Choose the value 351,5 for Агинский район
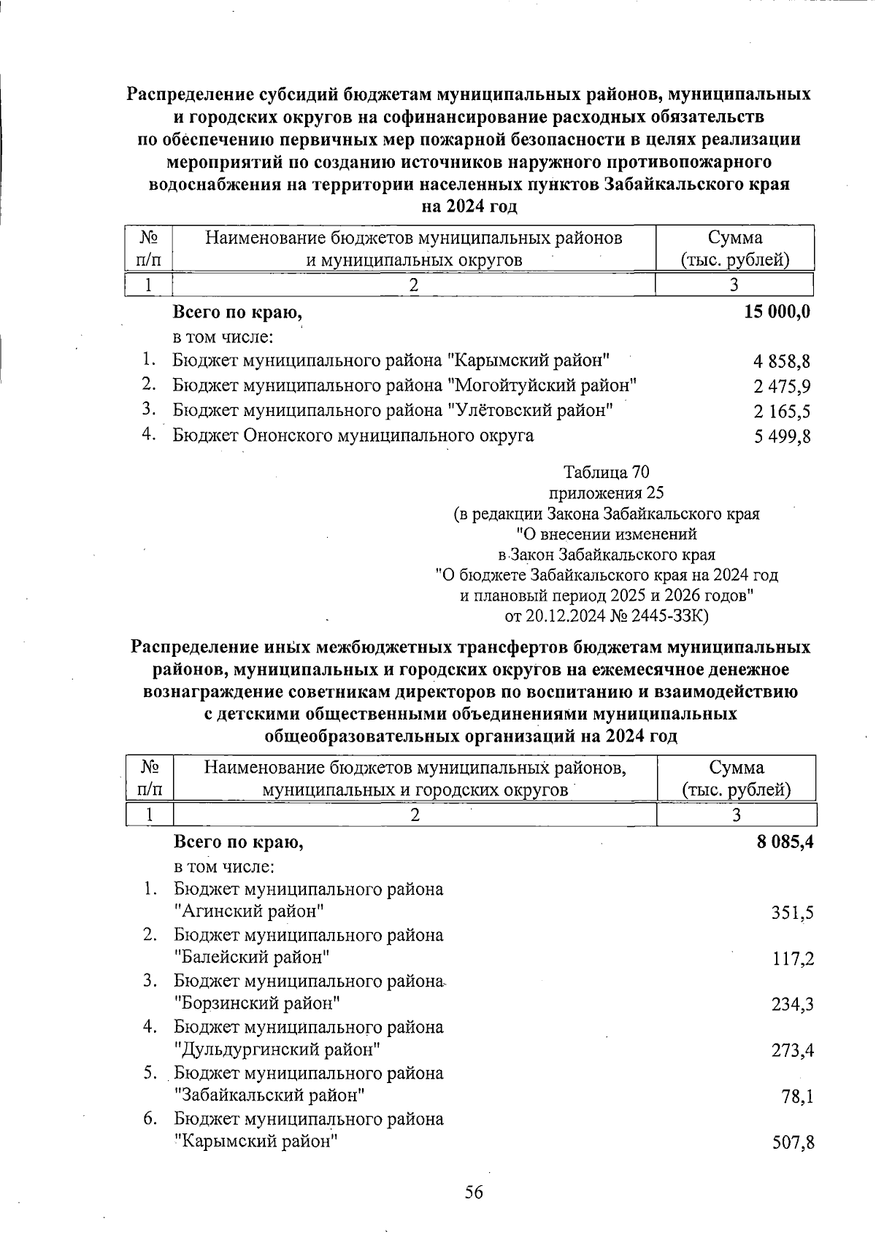[793, 912]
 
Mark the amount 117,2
[793, 958]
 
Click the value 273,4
[793, 1050]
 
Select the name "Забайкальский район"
[270, 1095]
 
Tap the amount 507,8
[793, 1142]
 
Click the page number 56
[474, 1193]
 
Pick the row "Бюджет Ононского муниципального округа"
[353, 436]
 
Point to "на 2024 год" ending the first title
[469, 207]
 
